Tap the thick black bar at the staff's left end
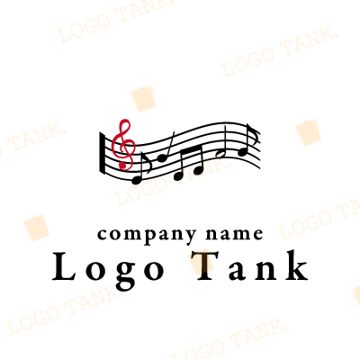pos(102,153)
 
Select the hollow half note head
pos(220,154)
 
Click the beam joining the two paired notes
pos(191,148)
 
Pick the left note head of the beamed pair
pos(178,175)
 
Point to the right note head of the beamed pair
pos(198,170)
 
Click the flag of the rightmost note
pos(254,133)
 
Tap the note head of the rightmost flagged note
pos(243,152)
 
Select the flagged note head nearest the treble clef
pos(137,180)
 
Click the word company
pos(147,235)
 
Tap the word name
pos(234,234)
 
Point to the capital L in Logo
pos(63,266)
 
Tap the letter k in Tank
pos(296,265)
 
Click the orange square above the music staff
pos(143,98)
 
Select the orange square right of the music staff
pos(309,132)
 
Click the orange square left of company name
pos(36,228)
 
